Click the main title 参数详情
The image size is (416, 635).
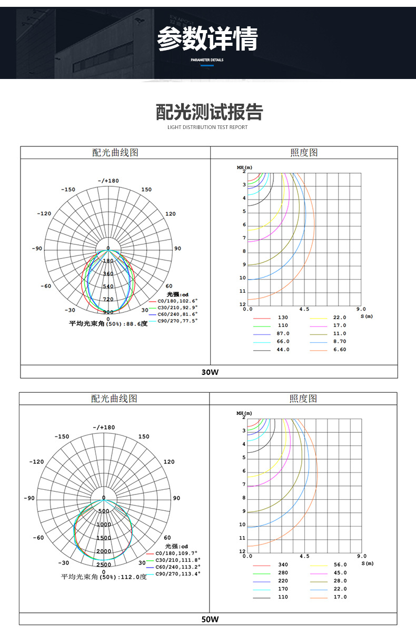tap(207, 39)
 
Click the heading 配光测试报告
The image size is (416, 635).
tap(209, 112)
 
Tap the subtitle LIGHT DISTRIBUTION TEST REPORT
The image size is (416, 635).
tap(207, 127)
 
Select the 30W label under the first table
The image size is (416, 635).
tap(210, 372)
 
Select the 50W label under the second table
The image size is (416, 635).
tap(210, 619)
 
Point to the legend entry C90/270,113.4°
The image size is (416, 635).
tap(178, 573)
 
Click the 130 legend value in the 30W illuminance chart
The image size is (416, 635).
tap(283, 317)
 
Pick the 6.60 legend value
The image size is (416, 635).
tap(340, 350)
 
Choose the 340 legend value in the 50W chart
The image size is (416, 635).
tap(283, 564)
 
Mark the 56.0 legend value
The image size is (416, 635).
tap(340, 564)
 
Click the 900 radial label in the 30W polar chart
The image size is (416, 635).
tap(108, 312)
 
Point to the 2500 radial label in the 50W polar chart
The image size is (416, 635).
tap(104, 564)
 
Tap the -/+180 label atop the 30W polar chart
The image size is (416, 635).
tap(108, 181)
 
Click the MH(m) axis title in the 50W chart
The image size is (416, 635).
tap(244, 413)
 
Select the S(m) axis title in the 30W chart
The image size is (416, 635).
tap(367, 316)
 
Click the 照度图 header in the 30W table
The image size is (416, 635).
tap(304, 153)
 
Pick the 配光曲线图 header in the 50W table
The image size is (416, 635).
tap(114, 399)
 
